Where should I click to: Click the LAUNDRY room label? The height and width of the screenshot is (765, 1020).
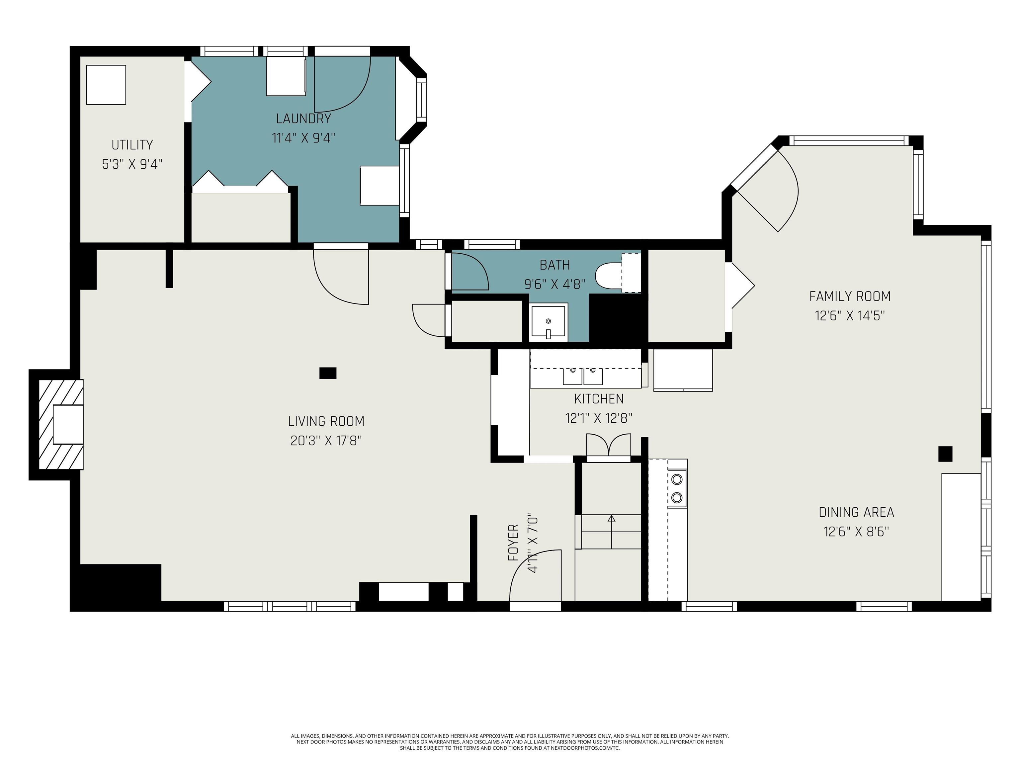pos(303,119)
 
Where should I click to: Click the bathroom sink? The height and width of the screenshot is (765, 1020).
pos(548,321)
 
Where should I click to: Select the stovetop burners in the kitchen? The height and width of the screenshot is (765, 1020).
pos(677,488)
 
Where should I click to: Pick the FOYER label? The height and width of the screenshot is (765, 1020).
pos(513,543)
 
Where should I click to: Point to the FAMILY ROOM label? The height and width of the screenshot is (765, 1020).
pos(850,296)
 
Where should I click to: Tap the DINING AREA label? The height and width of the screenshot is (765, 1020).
pos(856,512)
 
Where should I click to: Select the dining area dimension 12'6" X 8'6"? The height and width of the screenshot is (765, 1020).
pos(856,532)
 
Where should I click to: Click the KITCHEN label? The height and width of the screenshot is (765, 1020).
pos(599,399)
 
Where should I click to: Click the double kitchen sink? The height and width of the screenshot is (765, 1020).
pos(583,376)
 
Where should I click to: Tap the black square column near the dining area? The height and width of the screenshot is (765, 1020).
pos(945,454)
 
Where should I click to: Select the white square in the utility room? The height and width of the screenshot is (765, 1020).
pos(106,85)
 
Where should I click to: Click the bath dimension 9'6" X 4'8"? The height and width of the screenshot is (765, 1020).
pos(555,284)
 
